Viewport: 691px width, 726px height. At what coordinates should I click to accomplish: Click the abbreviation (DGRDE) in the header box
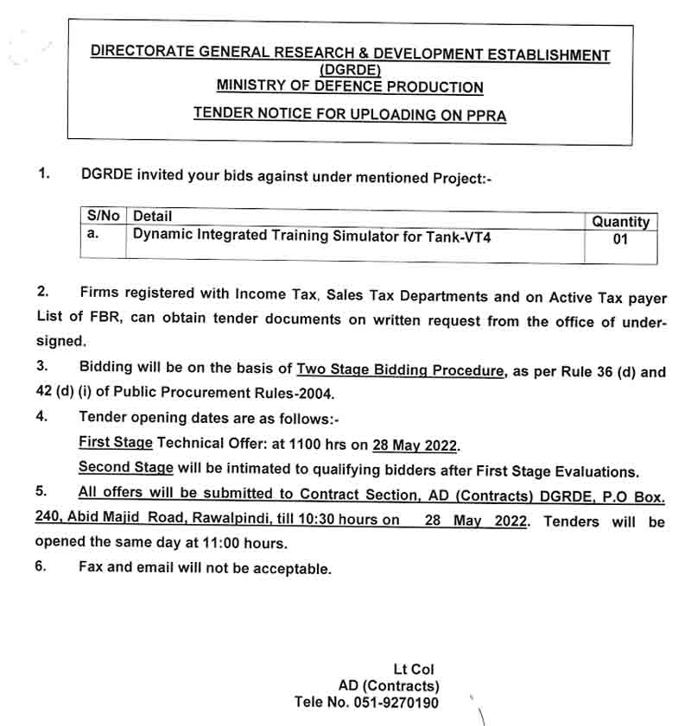click(350, 70)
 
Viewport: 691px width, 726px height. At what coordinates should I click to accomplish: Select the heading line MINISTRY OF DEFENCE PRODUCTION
click(350, 87)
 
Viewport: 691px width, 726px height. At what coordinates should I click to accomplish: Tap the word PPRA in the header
click(485, 114)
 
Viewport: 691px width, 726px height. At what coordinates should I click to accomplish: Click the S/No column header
click(104, 216)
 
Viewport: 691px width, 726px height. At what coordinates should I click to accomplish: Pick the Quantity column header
click(620, 222)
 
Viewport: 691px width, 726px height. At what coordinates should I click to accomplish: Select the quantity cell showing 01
click(620, 240)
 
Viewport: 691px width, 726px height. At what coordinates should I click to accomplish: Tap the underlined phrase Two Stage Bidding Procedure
click(400, 370)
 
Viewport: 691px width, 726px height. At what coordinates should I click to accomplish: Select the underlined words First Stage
click(116, 442)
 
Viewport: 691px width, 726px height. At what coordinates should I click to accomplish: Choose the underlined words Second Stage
click(125, 467)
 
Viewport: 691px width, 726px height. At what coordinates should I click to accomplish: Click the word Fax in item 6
click(92, 568)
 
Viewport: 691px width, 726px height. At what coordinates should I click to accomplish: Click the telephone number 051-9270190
click(395, 703)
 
